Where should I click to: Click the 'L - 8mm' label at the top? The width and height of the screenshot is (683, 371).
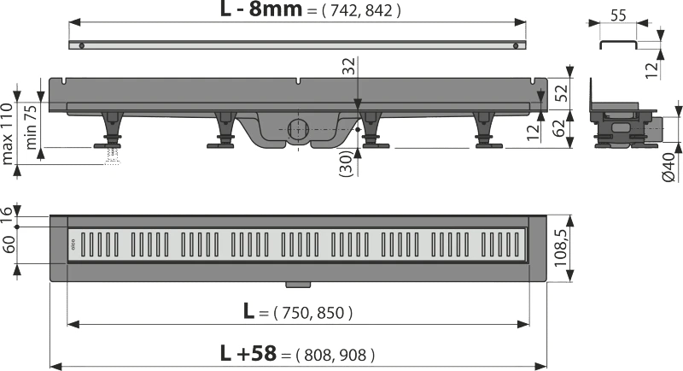261,9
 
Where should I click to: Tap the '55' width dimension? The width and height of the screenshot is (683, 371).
618,15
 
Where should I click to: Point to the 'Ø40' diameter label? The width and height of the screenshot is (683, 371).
669,168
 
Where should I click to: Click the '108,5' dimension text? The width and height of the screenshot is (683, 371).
560,248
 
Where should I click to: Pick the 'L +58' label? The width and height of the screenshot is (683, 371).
248,353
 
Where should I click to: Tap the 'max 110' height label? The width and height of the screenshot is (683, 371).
7,134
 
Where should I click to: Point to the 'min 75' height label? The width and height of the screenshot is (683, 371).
32,127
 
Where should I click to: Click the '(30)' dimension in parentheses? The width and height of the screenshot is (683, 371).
347,163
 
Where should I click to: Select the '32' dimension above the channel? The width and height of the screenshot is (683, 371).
349,67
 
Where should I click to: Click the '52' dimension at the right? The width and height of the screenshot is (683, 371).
561,93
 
